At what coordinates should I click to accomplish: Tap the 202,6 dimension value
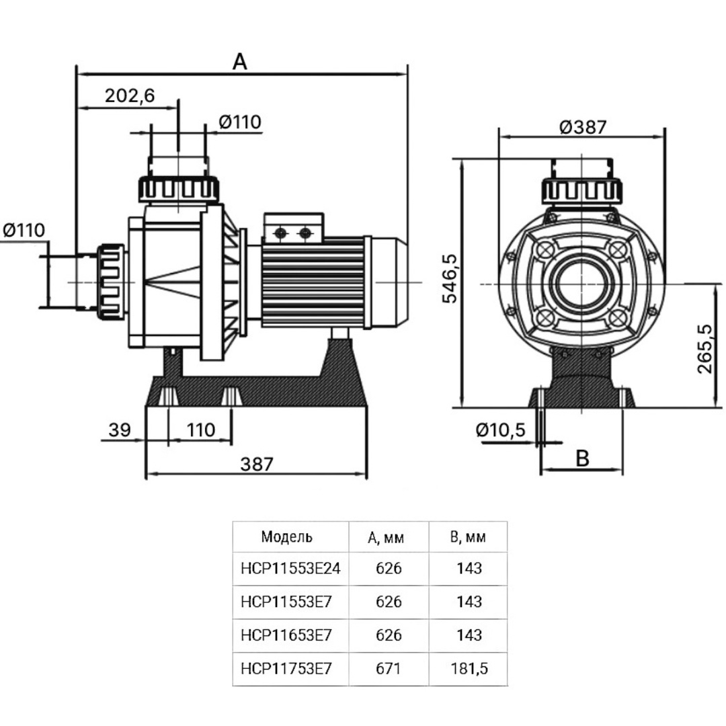click(130, 95)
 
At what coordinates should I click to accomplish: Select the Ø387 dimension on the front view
click(583, 126)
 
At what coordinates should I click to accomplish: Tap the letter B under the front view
click(582, 458)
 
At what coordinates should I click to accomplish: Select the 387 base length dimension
click(257, 464)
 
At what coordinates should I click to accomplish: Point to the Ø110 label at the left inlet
click(24, 230)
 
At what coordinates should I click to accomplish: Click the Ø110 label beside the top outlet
click(240, 122)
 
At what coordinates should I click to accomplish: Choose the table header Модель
click(287, 536)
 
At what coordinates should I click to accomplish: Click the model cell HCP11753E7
click(286, 668)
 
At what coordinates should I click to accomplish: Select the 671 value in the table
click(389, 668)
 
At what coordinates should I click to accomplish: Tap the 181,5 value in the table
click(468, 668)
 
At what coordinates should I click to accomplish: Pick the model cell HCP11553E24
click(290, 569)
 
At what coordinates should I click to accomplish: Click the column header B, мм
click(468, 537)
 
